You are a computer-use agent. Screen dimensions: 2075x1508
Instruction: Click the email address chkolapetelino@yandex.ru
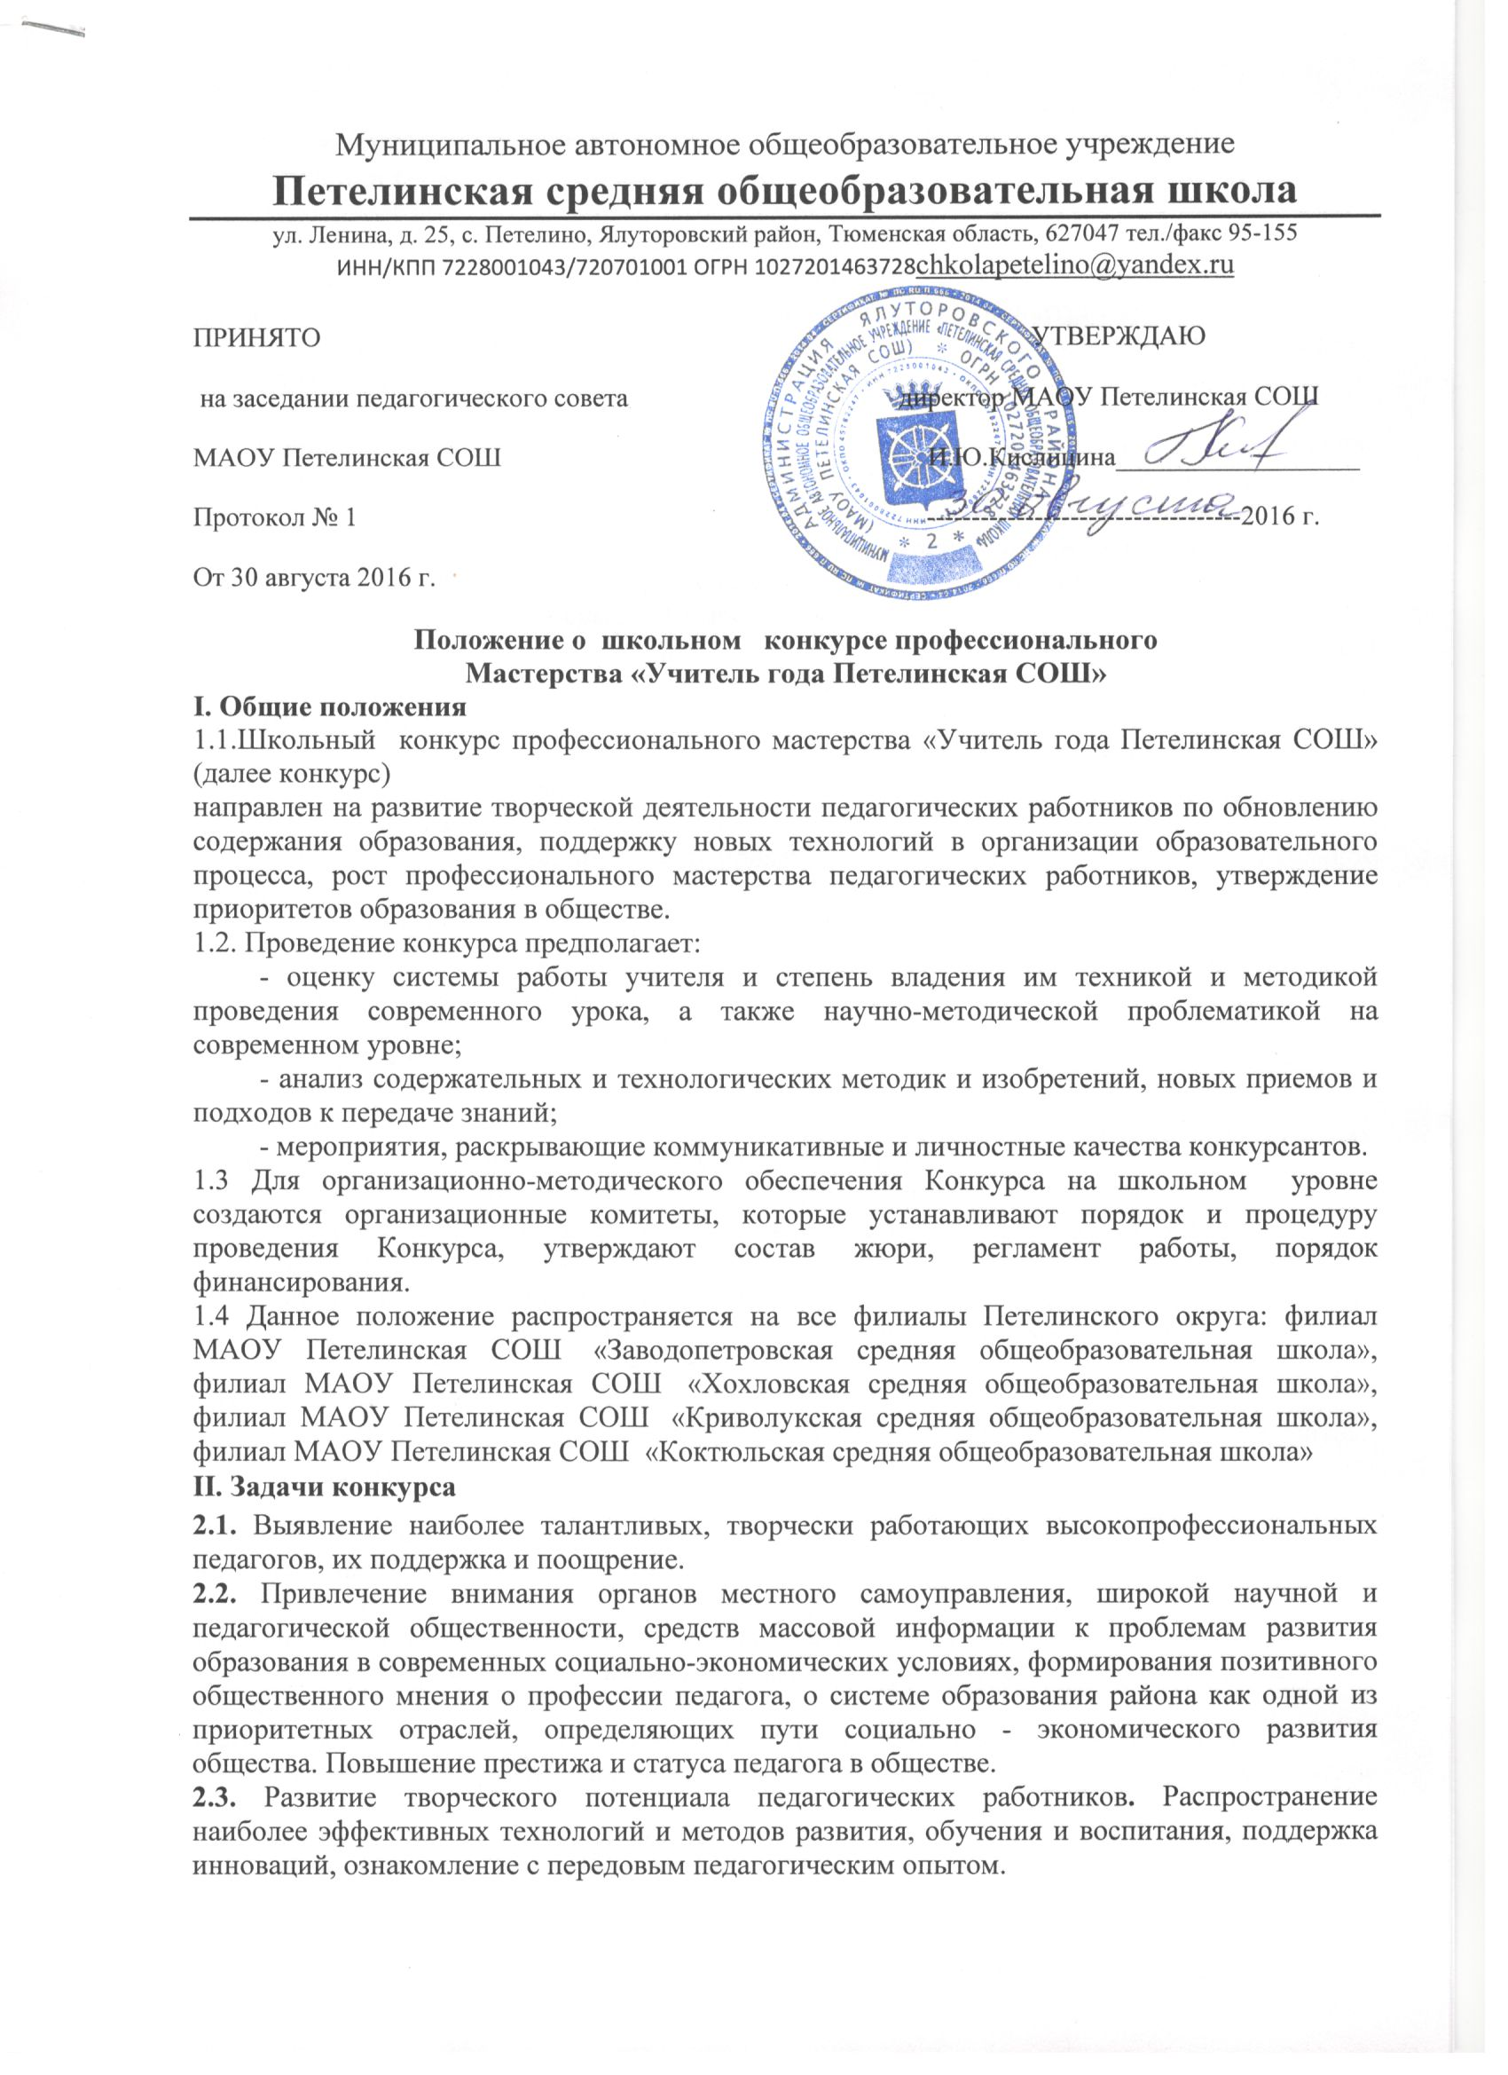point(1075,265)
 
